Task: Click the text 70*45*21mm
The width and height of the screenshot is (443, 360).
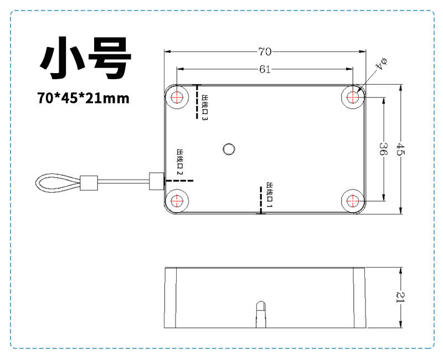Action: click(84, 98)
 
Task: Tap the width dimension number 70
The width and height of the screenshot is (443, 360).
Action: click(265, 52)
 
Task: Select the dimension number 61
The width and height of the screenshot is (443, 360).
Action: click(265, 69)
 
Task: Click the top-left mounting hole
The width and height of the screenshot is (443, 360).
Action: click(177, 97)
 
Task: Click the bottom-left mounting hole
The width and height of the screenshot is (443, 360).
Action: click(177, 200)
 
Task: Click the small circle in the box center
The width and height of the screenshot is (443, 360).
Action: click(228, 148)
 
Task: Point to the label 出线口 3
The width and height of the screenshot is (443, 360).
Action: click(205, 107)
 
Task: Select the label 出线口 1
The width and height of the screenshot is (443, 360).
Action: click(270, 194)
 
